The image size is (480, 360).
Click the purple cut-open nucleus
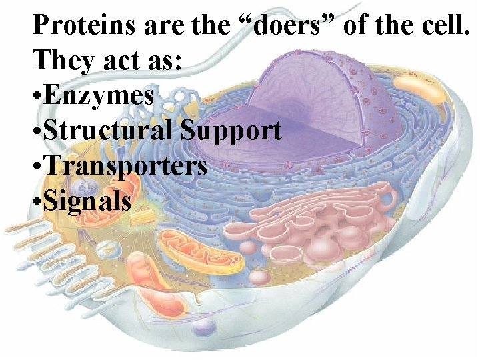coord(313,100)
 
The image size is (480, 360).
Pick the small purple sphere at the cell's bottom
coord(203,326)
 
